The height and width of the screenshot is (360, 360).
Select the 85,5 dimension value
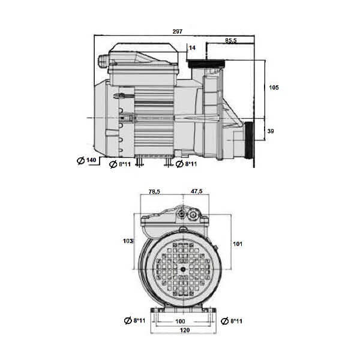[230, 40]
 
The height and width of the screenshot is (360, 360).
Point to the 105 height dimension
[273, 88]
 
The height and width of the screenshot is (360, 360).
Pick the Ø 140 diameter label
[88, 160]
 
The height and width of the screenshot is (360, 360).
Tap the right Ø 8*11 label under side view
[186, 164]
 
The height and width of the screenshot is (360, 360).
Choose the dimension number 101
[238, 244]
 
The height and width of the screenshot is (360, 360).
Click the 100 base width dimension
[179, 322]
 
